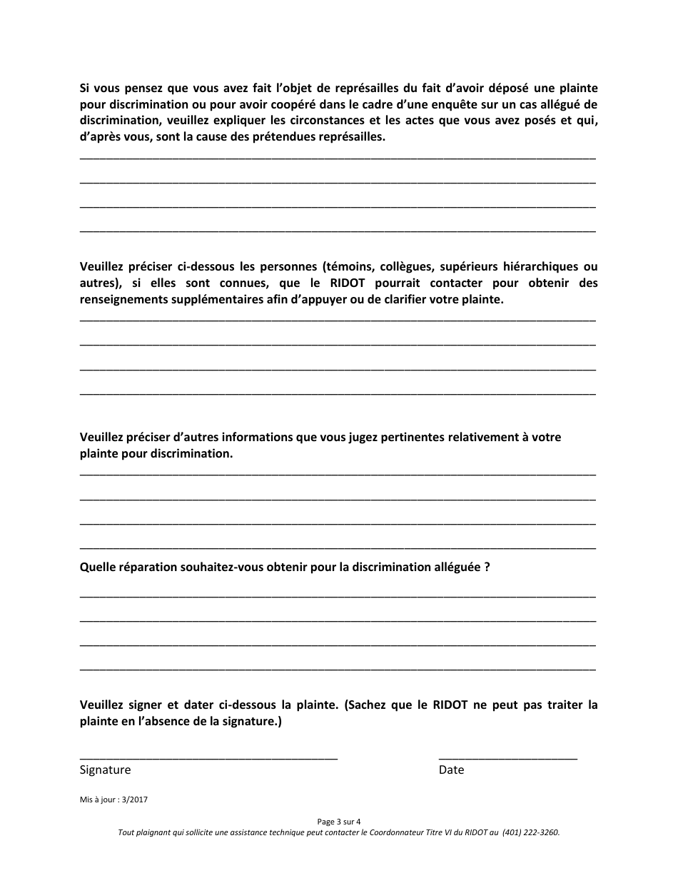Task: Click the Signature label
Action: [105, 770]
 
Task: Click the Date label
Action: [451, 770]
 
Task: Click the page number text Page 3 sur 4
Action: [339, 822]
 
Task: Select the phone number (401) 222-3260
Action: [530, 832]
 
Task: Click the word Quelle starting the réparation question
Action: [98, 567]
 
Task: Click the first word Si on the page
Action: [85, 89]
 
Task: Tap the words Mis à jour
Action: [98, 800]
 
